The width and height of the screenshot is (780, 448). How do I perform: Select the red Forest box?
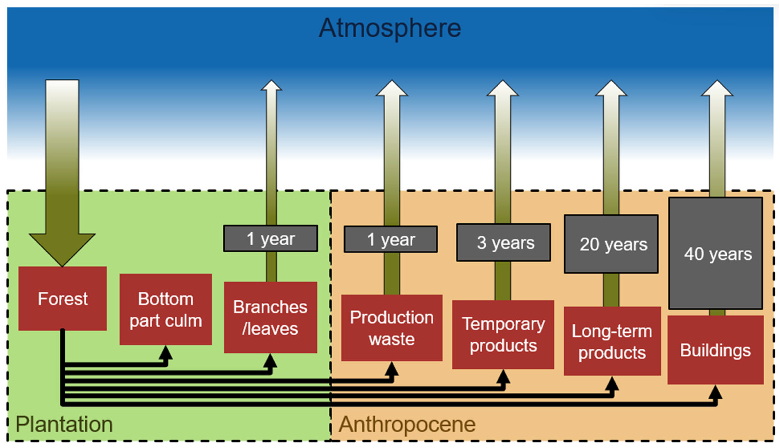pyautogui.click(x=62, y=299)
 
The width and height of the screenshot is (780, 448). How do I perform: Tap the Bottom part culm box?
pyautogui.click(x=166, y=309)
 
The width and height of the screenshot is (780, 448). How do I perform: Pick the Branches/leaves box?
pyautogui.click(x=270, y=317)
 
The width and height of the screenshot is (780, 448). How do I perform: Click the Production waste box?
pyautogui.click(x=392, y=328)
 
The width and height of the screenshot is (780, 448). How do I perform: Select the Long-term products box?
pyautogui.click(x=612, y=341)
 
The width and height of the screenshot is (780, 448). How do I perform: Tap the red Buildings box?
pyautogui.click(x=715, y=350)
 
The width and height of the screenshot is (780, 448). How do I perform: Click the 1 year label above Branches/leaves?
pyautogui.click(x=271, y=238)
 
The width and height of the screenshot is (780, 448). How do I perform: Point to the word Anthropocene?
pyautogui.click(x=407, y=424)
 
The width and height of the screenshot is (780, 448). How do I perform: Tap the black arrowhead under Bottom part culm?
pyautogui.click(x=166, y=353)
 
